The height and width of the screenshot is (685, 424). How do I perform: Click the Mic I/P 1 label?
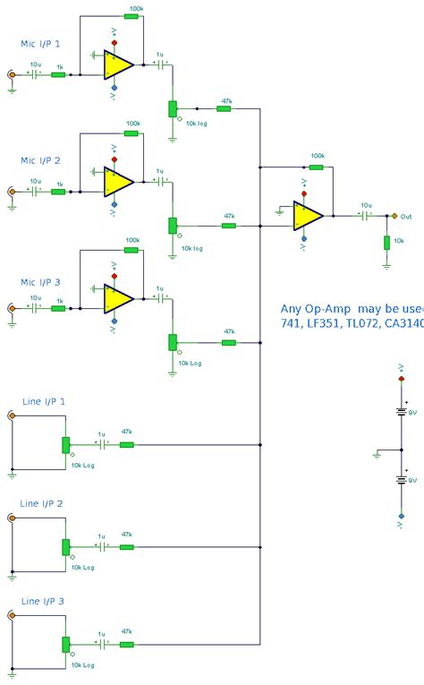(41, 43)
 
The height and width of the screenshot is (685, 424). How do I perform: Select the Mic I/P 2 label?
(41, 160)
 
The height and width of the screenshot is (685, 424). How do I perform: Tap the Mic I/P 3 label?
(41, 282)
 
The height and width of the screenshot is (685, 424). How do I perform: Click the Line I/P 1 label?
(43, 402)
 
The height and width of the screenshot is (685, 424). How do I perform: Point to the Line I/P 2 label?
(41, 503)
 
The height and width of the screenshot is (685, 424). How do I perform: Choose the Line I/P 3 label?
(43, 601)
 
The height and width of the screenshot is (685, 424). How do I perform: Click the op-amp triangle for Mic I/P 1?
(117, 64)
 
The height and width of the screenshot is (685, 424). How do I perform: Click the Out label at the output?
(406, 216)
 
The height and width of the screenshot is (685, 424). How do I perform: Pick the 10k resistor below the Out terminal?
(386, 243)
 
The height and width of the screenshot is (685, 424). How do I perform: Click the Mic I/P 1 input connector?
(11, 76)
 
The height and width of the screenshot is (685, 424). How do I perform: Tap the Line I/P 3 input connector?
(11, 616)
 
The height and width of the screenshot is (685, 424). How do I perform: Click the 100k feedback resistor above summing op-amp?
(317, 166)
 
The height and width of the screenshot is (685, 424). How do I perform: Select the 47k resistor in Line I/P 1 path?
(126, 444)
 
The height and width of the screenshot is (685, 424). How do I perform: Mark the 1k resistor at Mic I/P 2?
(59, 192)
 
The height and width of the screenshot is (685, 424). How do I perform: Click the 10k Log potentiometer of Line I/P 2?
(65, 546)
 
